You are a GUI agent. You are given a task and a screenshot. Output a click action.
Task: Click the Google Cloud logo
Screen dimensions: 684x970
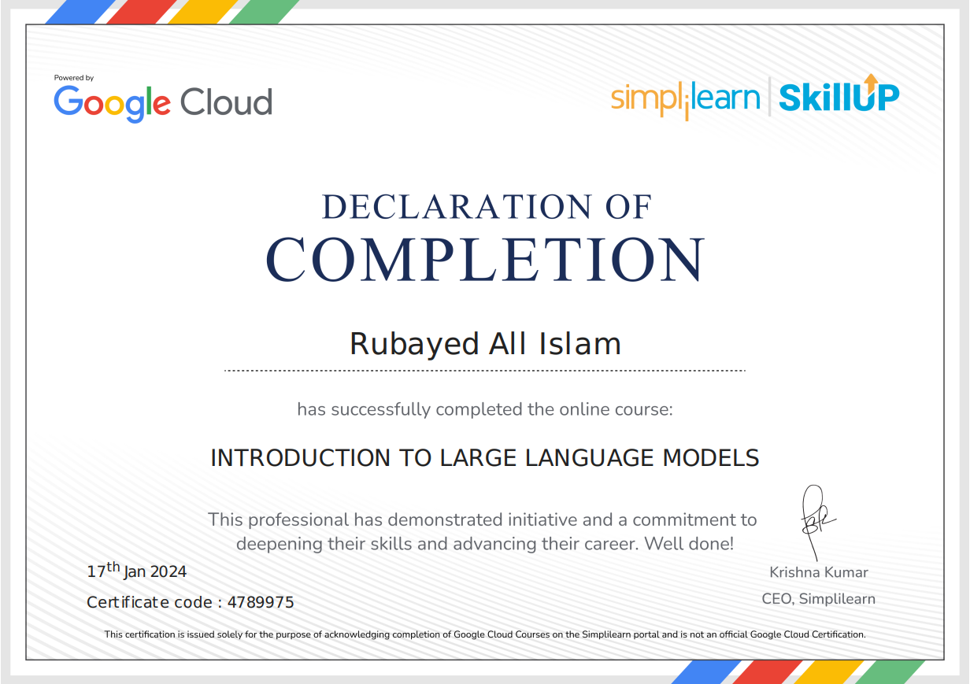pyautogui.click(x=163, y=102)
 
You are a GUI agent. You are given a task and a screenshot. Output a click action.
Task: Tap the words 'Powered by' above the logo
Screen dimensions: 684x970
pyautogui.click(x=74, y=78)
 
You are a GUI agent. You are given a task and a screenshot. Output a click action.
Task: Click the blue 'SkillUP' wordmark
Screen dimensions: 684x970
pyautogui.click(x=838, y=98)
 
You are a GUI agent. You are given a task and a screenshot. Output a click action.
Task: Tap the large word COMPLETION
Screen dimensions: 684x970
pyautogui.click(x=485, y=259)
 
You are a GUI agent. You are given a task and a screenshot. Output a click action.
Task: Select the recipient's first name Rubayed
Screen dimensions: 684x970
pyautogui.click(x=414, y=344)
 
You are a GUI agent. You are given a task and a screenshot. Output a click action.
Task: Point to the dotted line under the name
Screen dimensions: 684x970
pyautogui.click(x=485, y=370)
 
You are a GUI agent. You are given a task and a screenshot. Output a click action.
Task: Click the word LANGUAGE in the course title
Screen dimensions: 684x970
pyautogui.click(x=586, y=457)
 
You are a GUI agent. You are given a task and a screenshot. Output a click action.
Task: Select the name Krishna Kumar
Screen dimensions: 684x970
pyautogui.click(x=819, y=572)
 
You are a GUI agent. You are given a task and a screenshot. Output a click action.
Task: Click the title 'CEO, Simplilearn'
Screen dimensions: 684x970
pyautogui.click(x=819, y=599)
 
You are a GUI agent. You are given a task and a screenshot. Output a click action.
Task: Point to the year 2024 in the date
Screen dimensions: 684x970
pyautogui.click(x=168, y=572)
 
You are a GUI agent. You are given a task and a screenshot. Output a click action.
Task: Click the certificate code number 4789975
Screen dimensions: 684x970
pyautogui.click(x=261, y=603)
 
